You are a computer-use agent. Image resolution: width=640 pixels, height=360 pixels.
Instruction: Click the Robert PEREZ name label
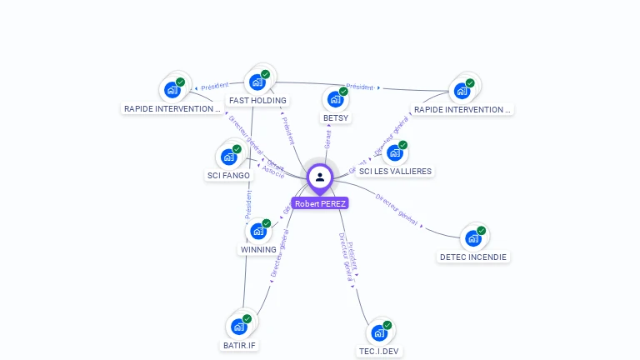(320, 203)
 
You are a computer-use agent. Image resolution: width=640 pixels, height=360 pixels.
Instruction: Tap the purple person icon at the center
(320, 177)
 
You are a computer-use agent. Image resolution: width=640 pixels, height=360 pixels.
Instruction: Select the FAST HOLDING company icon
(257, 82)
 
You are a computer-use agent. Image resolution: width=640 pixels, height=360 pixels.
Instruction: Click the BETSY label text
(335, 118)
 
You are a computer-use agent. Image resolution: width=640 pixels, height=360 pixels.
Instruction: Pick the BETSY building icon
(335, 100)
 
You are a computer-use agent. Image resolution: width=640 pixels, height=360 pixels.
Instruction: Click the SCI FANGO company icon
(228, 157)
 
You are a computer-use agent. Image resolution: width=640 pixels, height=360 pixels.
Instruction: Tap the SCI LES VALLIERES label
(394, 172)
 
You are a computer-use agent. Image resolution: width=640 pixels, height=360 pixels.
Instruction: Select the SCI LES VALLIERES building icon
(394, 153)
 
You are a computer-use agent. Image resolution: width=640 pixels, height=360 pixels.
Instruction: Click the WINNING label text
(257, 250)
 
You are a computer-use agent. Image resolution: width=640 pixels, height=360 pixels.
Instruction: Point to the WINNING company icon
(257, 232)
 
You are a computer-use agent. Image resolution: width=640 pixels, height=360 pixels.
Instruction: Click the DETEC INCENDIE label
(473, 257)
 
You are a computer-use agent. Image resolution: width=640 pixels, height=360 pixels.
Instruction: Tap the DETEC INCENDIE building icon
(472, 239)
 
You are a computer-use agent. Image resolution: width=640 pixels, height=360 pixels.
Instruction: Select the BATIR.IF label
(239, 345)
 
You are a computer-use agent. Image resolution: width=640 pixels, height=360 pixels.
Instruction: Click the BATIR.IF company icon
(238, 327)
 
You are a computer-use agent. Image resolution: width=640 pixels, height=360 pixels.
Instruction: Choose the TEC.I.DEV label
(379, 352)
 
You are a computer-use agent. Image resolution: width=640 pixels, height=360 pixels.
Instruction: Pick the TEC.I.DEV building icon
(378, 333)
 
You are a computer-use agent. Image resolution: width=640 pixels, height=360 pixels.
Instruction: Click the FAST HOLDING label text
(257, 101)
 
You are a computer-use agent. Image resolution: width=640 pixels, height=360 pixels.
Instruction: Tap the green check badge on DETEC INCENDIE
(481, 231)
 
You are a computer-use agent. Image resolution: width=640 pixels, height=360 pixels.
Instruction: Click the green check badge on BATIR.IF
(247, 318)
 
